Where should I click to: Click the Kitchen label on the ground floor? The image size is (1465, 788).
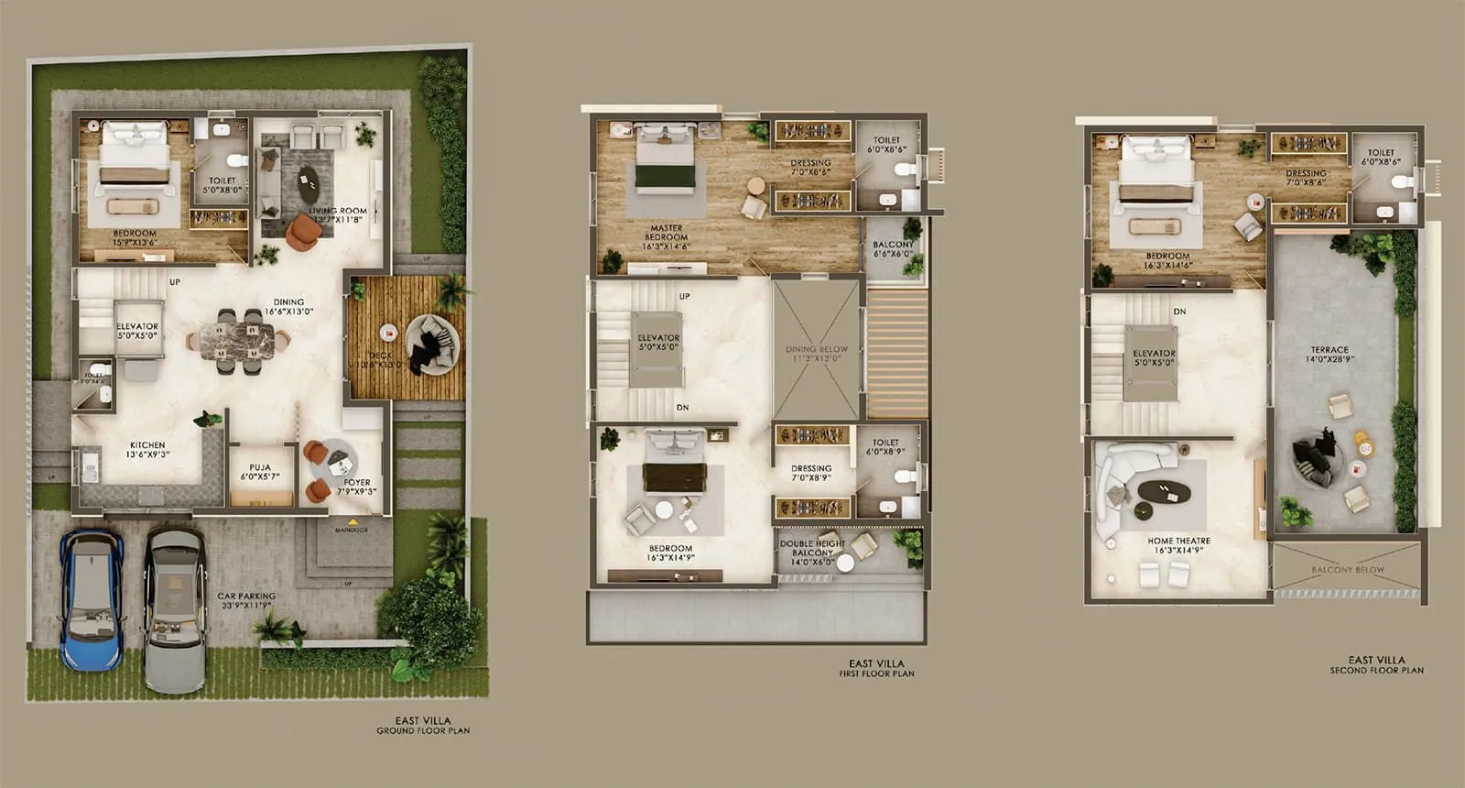tap(146, 450)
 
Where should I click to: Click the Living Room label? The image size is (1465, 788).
tap(338, 215)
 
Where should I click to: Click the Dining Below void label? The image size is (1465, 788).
tap(817, 354)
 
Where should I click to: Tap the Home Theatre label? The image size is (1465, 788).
tap(1179, 546)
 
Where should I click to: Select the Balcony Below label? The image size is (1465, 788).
tap(1348, 570)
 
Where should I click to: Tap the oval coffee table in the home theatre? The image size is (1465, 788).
tap(1163, 492)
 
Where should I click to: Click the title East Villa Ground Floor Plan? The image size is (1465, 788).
tap(423, 726)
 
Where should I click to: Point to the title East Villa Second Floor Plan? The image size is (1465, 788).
tap(1376, 665)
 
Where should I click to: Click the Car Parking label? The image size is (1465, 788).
tap(246, 600)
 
